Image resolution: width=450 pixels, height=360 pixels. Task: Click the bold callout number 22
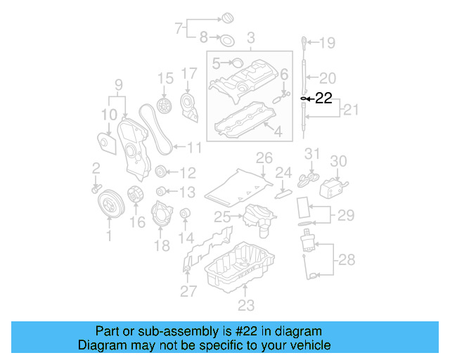[323, 98]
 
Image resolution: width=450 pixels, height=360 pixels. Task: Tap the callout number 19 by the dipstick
[328, 44]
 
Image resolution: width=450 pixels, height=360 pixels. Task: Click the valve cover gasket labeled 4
[243, 120]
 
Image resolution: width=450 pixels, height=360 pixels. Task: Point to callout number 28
[345, 260]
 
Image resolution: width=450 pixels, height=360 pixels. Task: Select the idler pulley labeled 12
[161, 172]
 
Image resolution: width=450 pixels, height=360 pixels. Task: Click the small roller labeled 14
[186, 214]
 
